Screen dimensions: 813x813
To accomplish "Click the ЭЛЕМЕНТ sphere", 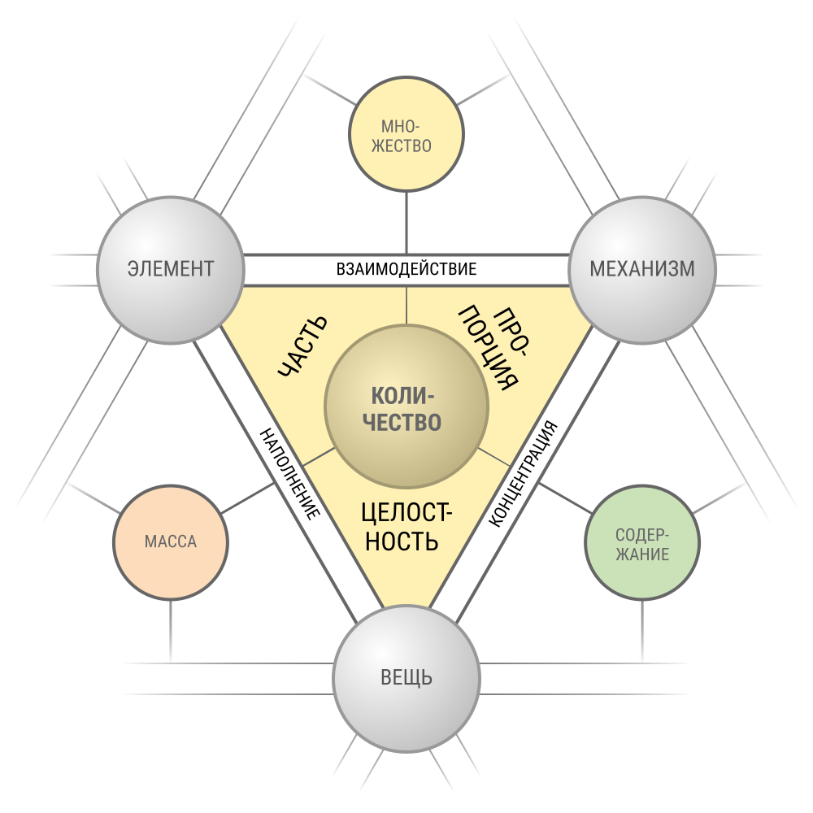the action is [x=171, y=270].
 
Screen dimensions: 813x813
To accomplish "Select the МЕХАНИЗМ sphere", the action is [x=642, y=270].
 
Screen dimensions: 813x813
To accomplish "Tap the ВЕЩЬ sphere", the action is [x=406, y=678].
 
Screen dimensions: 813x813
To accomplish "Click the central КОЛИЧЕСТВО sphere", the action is [x=406, y=406].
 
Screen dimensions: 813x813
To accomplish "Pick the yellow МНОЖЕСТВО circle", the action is [x=406, y=134].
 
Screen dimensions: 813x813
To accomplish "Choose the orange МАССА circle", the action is [x=171, y=542].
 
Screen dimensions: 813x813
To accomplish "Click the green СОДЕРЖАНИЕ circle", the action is [x=642, y=542].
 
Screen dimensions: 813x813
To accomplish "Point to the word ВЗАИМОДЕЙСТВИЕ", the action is [x=406, y=269].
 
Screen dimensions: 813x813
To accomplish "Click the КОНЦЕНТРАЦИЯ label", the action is [x=524, y=474].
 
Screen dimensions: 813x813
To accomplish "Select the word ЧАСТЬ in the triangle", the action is [x=302, y=346].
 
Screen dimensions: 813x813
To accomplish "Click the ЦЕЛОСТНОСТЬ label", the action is [x=406, y=527].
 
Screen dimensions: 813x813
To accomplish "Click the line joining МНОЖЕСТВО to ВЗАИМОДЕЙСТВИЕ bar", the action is [x=406, y=223].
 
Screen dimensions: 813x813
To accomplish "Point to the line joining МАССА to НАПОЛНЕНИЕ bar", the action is [x=248, y=498].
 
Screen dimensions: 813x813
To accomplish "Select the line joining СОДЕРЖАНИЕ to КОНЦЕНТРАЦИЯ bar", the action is [x=565, y=498].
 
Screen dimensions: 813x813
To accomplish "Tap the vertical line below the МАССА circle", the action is [x=171, y=631].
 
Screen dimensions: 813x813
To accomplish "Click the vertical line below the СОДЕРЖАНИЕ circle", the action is [x=642, y=631].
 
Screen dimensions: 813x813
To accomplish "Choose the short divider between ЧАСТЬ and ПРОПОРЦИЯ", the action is [x=406, y=306].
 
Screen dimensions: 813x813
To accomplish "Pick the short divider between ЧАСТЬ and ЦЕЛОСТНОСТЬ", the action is [x=319, y=457].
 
